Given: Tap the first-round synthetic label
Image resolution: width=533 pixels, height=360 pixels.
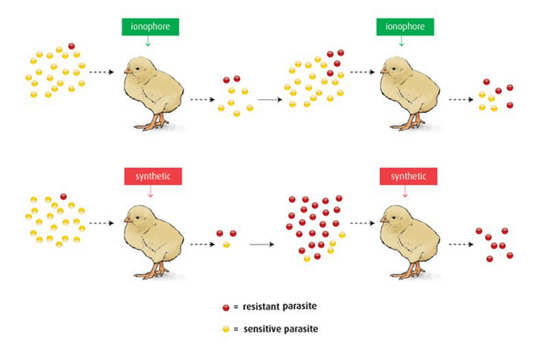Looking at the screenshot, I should [x=149, y=176].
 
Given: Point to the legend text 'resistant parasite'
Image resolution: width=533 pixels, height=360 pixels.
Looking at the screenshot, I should [x=280, y=307].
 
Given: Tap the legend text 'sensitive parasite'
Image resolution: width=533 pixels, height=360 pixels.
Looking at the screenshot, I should [x=280, y=328].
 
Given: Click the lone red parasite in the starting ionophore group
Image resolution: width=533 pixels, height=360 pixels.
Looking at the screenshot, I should [x=71, y=46].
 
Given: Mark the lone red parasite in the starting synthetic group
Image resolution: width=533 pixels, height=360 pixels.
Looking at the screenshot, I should [x=63, y=197].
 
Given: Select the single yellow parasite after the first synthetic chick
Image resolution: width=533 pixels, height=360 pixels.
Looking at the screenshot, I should [x=225, y=245].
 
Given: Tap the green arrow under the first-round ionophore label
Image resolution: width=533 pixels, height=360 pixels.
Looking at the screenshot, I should [x=148, y=42].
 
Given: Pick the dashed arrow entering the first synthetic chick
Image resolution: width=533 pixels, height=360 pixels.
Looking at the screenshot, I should [x=102, y=223].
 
